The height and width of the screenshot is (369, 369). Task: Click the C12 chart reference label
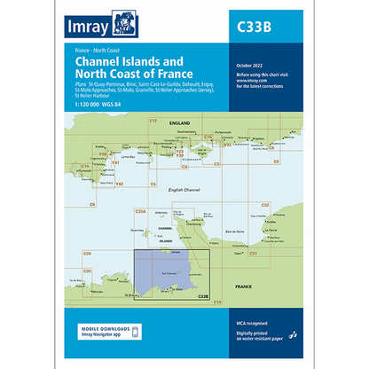152,120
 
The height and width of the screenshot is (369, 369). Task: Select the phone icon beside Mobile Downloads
137,333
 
